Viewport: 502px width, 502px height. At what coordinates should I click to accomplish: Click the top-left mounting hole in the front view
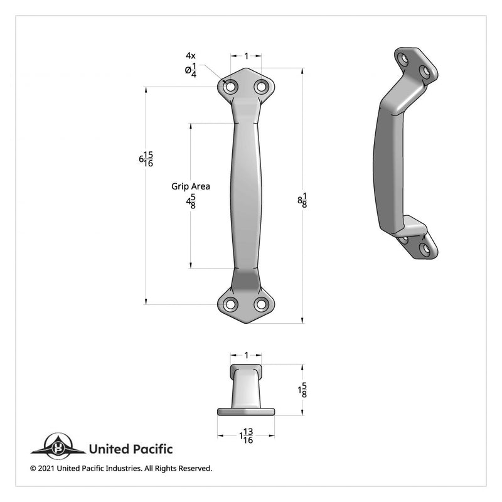(x=230, y=87)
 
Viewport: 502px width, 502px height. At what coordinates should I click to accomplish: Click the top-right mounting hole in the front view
(x=262, y=87)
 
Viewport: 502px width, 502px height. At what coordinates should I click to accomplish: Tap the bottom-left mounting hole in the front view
(x=230, y=304)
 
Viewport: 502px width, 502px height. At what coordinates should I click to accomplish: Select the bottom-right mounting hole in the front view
(x=262, y=304)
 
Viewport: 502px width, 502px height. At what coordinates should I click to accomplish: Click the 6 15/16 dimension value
(x=146, y=159)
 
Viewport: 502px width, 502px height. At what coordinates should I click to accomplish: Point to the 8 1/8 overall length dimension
(x=302, y=200)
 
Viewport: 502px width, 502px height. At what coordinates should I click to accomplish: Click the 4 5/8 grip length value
(x=191, y=201)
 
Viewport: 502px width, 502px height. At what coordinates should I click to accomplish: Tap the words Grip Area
(x=191, y=186)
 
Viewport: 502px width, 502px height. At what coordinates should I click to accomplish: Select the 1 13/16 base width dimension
(x=246, y=435)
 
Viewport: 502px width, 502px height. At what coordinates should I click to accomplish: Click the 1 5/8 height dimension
(x=302, y=390)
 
